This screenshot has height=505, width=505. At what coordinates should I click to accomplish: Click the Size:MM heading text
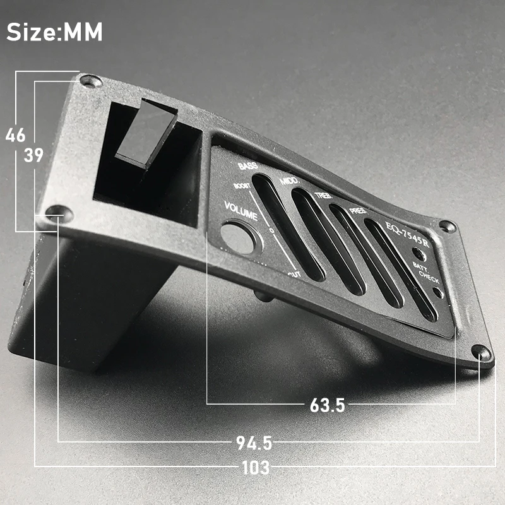(54, 32)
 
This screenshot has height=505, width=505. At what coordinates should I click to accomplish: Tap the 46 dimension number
(15, 135)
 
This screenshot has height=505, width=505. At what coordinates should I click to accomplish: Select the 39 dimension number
(33, 155)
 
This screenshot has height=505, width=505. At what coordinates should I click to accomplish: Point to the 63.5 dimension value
(327, 405)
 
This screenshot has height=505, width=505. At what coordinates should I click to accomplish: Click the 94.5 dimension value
(254, 443)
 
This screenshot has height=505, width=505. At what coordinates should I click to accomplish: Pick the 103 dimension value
(256, 467)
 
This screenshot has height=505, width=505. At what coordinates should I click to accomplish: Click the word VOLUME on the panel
(241, 211)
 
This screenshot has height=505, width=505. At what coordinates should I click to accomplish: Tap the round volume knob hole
(240, 237)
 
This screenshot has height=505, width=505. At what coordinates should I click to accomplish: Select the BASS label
(247, 166)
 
